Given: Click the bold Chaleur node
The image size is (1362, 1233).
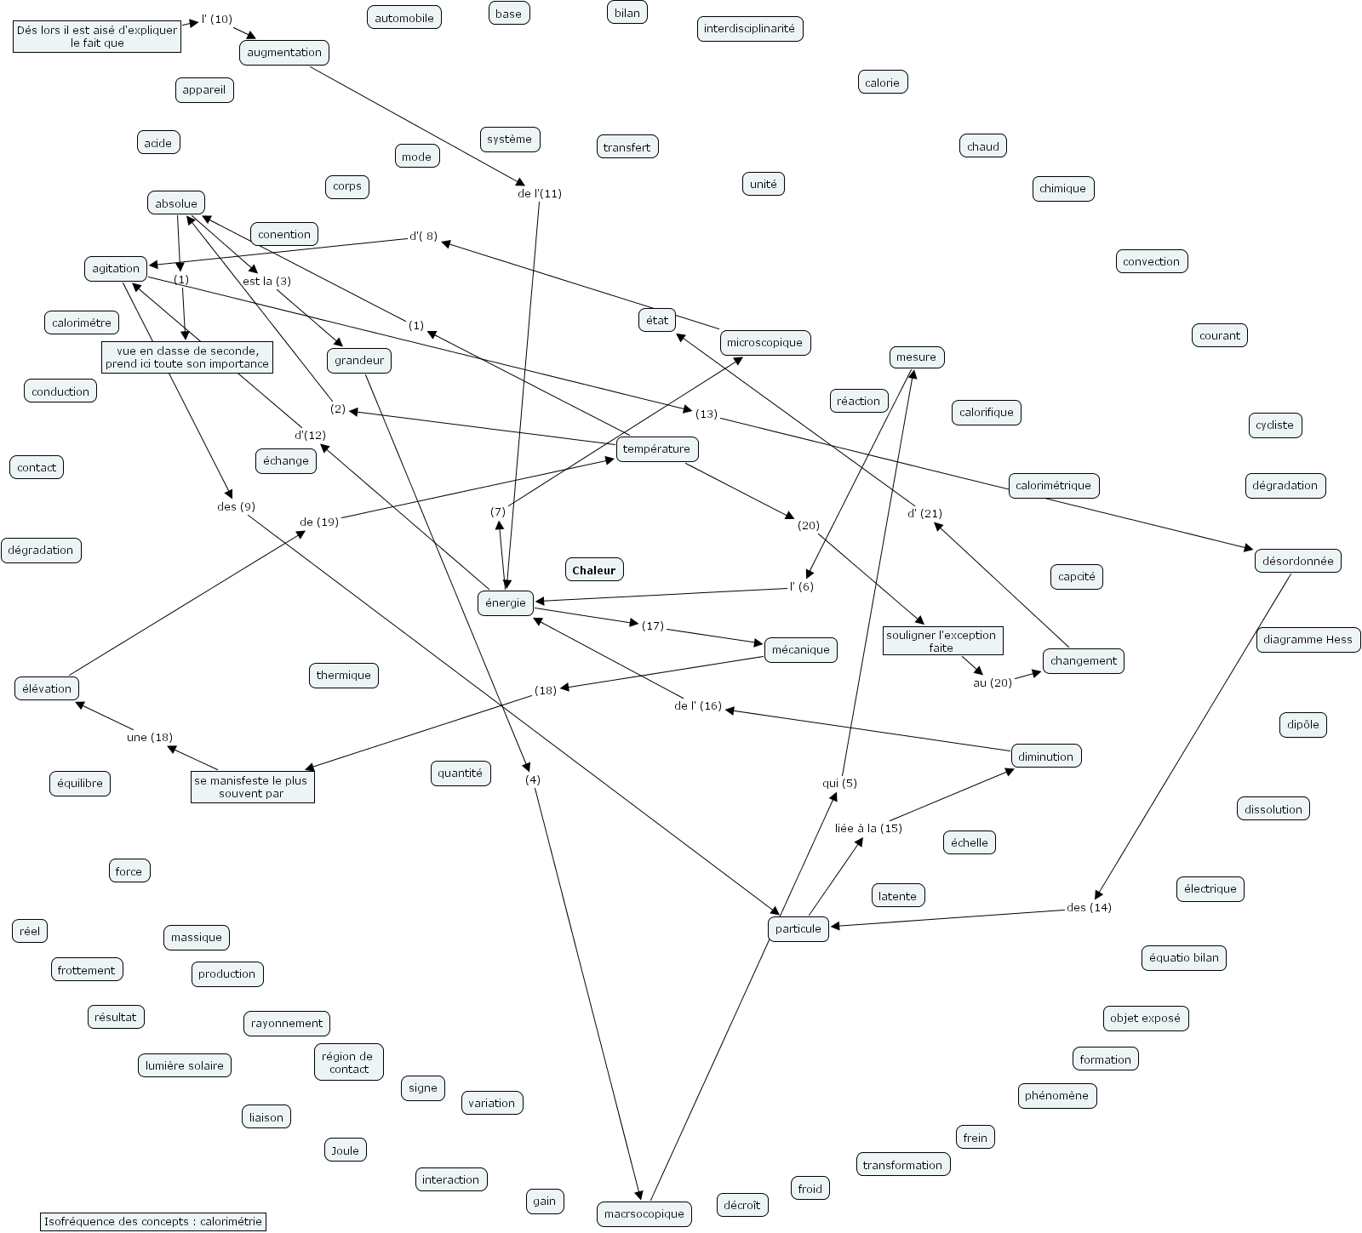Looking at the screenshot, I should click(593, 570).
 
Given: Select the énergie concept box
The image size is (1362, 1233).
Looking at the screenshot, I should click(506, 603).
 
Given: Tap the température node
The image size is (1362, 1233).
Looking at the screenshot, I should click(656, 449).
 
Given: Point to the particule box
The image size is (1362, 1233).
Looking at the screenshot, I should click(798, 928).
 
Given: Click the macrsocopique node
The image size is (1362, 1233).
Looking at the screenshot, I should click(644, 1213).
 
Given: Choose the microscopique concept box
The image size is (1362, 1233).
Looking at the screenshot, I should click(765, 343).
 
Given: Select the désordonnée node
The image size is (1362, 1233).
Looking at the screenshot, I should click(1297, 561).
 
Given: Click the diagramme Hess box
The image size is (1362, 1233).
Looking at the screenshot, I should click(1308, 640).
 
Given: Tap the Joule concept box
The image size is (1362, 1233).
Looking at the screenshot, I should click(345, 1150).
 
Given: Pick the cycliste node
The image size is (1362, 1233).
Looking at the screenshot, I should click(1274, 425).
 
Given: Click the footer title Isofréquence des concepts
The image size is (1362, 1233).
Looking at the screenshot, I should click(153, 1222).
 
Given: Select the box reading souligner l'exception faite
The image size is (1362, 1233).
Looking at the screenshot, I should click(941, 642).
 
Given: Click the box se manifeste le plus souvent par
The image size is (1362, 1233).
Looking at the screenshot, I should click(251, 787).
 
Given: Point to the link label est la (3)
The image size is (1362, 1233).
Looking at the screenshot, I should click(266, 282).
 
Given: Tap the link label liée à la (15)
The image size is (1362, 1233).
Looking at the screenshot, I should click(867, 828).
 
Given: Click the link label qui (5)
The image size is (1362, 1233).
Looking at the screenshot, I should click(839, 783).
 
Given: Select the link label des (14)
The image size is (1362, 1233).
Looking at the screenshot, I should click(1089, 907).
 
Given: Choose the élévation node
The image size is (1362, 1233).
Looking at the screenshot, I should click(47, 688).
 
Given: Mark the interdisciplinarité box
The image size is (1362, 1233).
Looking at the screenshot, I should click(749, 29).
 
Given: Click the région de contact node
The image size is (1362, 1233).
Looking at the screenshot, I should click(348, 1063).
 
